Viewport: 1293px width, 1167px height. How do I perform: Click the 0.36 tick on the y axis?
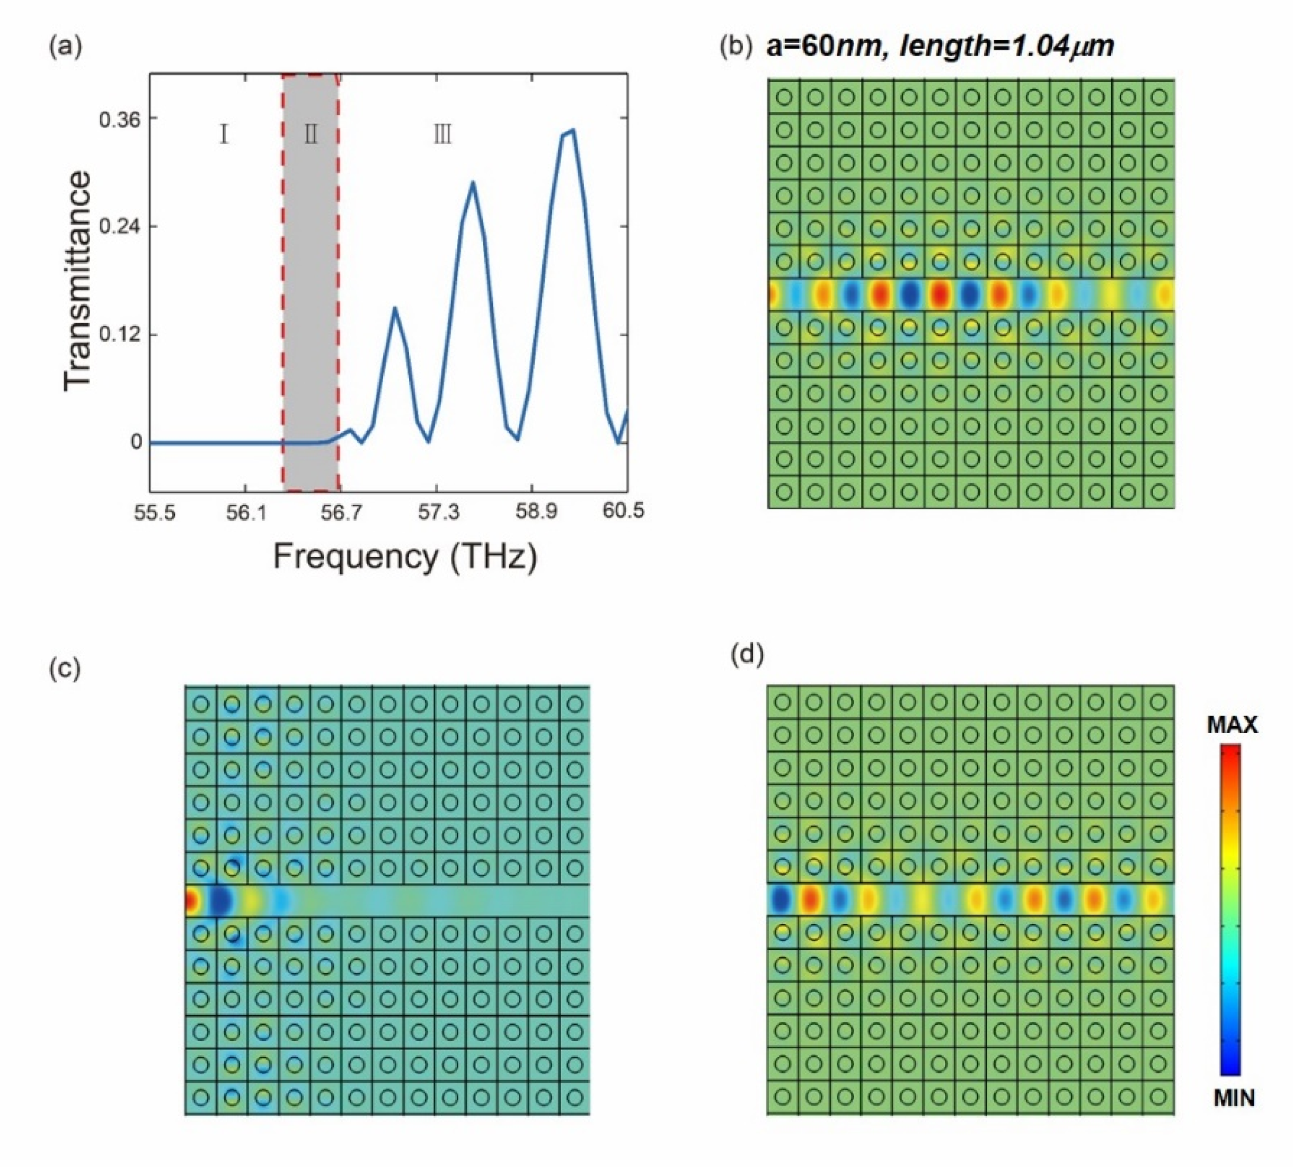coord(119,119)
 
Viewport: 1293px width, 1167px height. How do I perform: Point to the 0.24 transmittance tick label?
coord(119,227)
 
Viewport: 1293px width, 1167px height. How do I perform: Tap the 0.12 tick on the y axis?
coord(119,335)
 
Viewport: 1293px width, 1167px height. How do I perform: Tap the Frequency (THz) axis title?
coord(405,557)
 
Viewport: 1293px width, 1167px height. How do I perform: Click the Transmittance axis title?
coord(77,281)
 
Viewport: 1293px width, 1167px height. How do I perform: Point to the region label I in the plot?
coord(224,135)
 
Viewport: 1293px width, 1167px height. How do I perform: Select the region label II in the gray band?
coord(311,135)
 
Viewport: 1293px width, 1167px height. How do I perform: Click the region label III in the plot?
coord(442,135)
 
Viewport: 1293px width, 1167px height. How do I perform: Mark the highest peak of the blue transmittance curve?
coord(573,130)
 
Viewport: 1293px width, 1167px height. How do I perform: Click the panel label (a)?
coord(65,47)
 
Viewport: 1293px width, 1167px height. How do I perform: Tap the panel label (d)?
coord(747,655)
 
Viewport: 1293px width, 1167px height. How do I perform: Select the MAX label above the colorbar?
coord(1232,725)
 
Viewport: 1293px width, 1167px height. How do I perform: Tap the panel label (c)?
coord(65,669)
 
